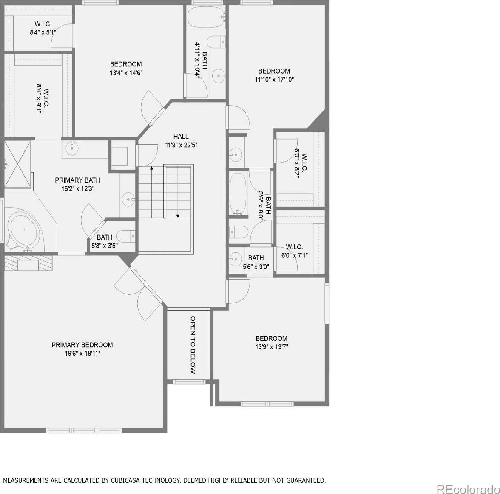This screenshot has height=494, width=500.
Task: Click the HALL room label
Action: pos(181,137)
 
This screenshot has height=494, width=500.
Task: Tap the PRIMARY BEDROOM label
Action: pos(82,345)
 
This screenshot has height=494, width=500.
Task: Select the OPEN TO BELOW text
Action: pos(193,345)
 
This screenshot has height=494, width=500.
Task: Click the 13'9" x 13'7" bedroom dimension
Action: pos(272,347)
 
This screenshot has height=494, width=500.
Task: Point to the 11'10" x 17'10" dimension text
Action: pos(274,80)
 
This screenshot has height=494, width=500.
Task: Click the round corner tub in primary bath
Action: pos(25,229)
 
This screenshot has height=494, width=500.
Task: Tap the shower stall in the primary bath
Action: pos(18,165)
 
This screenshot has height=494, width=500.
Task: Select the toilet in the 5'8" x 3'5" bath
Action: pos(126,237)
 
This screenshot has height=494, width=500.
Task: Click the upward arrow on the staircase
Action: pos(152,192)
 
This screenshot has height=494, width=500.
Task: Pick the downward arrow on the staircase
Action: pos(178,192)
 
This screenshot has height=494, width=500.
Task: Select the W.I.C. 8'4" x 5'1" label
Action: pos(43,28)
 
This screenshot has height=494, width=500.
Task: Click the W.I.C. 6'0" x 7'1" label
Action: pos(294,251)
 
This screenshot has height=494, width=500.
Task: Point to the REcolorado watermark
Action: pos(468,488)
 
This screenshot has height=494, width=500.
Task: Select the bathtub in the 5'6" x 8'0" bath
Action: pos(238,194)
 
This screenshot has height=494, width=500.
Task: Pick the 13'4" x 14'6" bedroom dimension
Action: pos(126,73)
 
